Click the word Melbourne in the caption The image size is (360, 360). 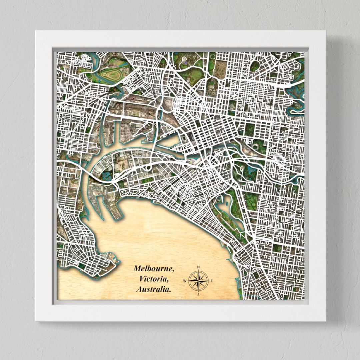click(x=154, y=268)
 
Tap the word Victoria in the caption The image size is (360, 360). click(x=153, y=279)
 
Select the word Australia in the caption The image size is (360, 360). click(x=154, y=289)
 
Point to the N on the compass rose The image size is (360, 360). click(x=198, y=267)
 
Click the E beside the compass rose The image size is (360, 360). click(x=212, y=281)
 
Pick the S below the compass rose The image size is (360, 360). click(x=198, y=295)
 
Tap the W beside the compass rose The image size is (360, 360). click(x=185, y=281)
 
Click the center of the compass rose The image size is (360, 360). click(x=198, y=281)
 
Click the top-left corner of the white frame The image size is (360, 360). click(x=36, y=31)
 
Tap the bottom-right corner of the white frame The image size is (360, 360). click(x=326, y=321)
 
